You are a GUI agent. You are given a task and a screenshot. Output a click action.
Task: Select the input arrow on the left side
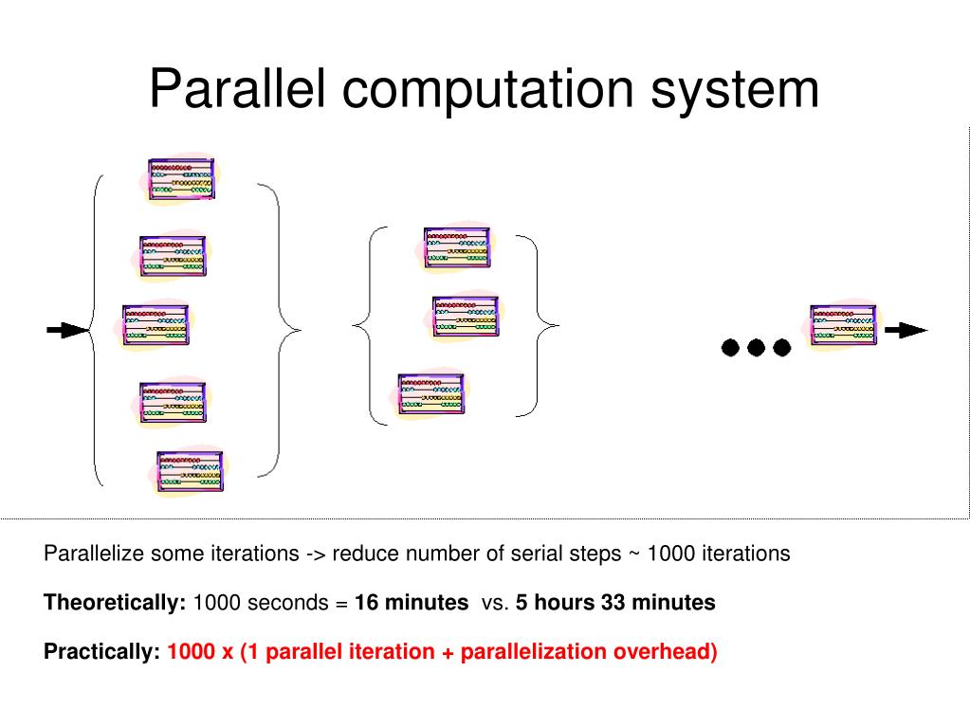pos(66,330)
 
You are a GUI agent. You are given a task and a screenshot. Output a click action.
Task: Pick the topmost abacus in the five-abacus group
pos(182,178)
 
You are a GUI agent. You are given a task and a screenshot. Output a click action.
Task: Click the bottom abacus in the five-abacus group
pos(191,472)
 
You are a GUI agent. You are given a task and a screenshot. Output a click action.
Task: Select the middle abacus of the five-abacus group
pos(156,325)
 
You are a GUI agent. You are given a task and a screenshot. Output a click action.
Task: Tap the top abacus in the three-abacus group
pos(457,247)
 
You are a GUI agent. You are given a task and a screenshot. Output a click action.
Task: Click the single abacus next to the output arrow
pos(843,325)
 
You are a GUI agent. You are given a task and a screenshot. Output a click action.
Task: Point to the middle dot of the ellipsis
pos(756,347)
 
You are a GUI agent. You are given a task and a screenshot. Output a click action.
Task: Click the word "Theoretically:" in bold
pos(115,603)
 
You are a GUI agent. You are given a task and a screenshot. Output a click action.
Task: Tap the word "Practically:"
pos(101,652)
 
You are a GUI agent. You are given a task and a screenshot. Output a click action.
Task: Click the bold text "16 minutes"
pos(412,603)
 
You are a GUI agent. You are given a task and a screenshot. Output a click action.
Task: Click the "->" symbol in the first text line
pos(317,554)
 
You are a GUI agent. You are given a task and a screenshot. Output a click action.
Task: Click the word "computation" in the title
pos(489,90)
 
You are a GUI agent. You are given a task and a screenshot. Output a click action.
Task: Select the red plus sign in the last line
pos(447,652)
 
